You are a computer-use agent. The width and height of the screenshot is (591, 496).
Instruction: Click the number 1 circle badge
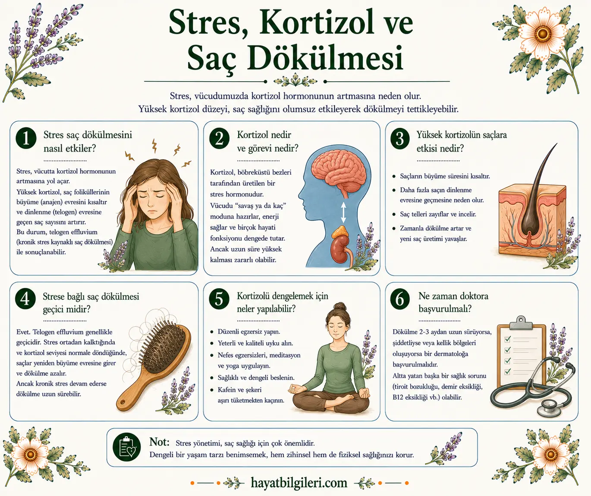[x=26, y=139]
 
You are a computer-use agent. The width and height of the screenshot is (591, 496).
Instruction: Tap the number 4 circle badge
[x=25, y=299]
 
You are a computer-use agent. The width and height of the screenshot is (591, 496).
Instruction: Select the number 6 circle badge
[x=399, y=299]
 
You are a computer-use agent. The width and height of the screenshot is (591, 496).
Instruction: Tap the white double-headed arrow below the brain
[x=343, y=212]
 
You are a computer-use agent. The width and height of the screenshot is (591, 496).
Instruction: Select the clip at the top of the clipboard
[x=521, y=322]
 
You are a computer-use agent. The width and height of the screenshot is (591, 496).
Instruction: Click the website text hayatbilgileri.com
[x=299, y=483]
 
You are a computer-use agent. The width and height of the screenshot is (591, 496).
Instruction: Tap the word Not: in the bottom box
[x=159, y=442]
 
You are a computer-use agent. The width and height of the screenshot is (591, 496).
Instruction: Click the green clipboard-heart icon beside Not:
[x=127, y=447]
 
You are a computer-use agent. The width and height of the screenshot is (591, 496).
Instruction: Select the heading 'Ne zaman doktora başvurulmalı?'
[x=453, y=302]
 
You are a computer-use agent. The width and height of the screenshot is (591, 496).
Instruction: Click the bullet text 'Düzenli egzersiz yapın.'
[x=249, y=332]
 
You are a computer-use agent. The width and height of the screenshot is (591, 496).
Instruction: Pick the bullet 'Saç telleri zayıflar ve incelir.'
[x=438, y=214]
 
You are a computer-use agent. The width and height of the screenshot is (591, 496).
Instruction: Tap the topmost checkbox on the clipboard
[x=507, y=339]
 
